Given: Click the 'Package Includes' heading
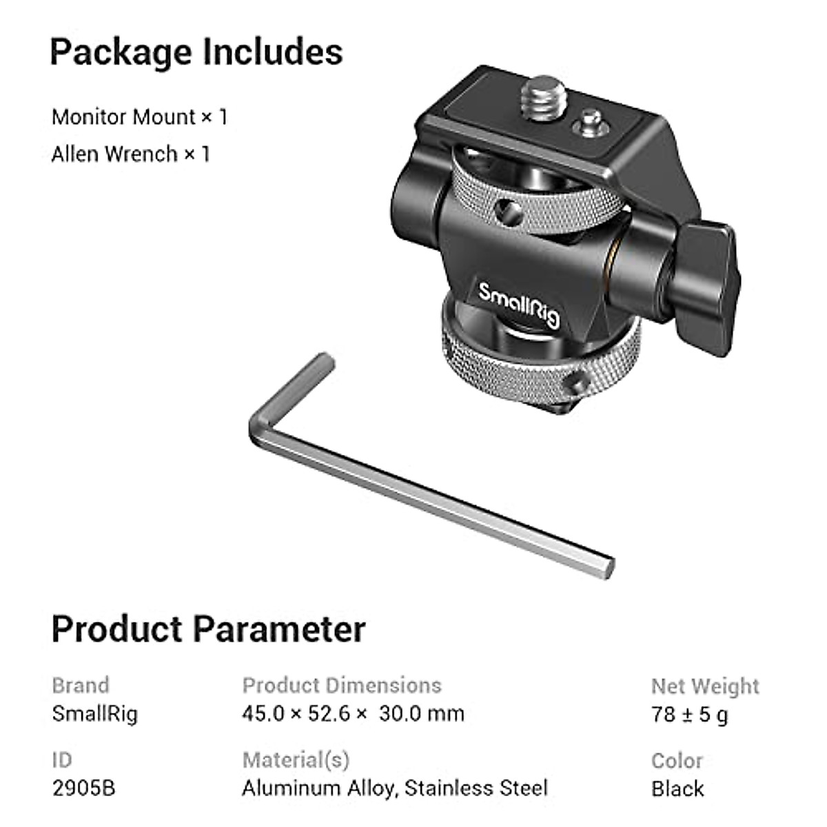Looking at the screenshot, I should point(196,52).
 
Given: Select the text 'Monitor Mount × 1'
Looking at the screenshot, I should point(139,117).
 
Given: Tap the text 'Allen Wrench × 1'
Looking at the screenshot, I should point(130,154).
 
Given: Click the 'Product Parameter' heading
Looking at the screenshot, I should point(208,629).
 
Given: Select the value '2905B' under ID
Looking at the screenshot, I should point(83,788).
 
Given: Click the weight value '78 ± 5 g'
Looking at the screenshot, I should point(689,714).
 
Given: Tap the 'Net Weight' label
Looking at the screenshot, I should point(704,686).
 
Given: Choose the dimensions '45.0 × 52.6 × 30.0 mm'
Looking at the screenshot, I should point(353,713).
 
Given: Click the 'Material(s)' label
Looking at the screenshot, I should point(296,759).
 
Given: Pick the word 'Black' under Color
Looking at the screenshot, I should point(677,788).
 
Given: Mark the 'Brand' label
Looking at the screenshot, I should point(80,685).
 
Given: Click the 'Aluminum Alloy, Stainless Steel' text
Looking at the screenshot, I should point(395,788).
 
